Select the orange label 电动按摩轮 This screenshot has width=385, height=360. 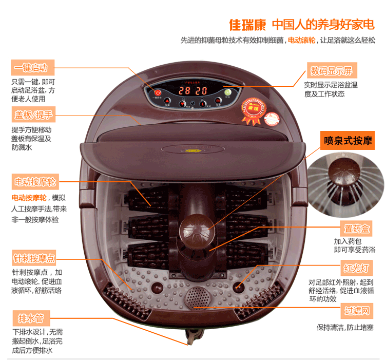point(35,182)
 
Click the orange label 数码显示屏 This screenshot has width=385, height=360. point(332,70)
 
